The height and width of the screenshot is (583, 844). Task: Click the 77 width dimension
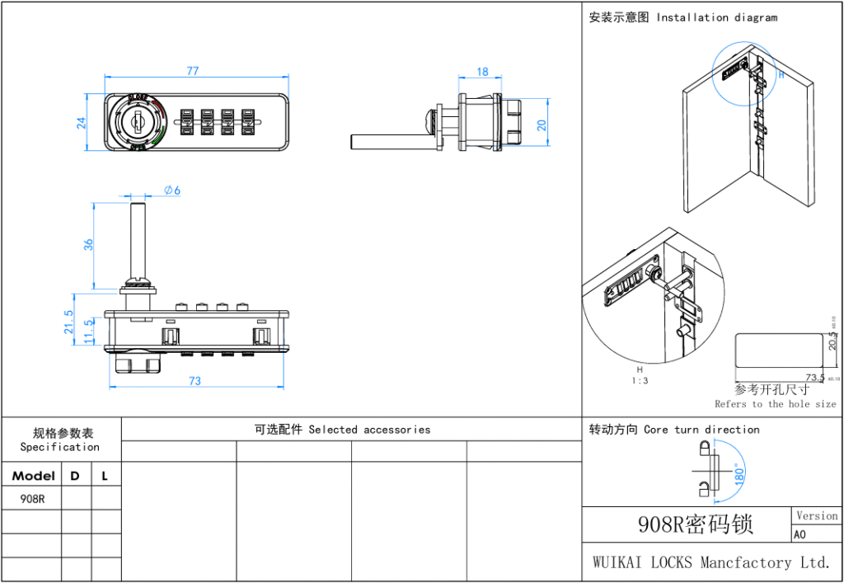pos(192,71)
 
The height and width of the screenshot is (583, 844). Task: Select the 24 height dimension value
pos(81,123)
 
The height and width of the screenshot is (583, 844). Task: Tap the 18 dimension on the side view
pos(482,73)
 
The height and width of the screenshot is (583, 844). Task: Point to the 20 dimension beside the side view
pos(542,124)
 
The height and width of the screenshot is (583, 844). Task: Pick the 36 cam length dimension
pos(88,244)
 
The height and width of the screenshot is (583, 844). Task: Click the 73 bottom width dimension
pos(195,381)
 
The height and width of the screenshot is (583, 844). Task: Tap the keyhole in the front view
pos(138,124)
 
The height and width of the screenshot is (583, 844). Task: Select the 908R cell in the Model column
pos(32,498)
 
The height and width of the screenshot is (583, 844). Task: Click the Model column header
pos(34,476)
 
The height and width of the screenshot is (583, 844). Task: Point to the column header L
pos(105,476)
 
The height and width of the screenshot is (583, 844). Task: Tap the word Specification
pos(60,447)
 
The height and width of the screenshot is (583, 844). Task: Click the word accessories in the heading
pos(396,430)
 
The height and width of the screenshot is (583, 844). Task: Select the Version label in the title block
pos(816,515)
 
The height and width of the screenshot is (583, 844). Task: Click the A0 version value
pos(799,534)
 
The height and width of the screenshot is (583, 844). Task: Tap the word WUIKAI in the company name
pos(617,562)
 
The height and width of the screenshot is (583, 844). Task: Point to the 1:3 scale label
pos(639,382)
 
